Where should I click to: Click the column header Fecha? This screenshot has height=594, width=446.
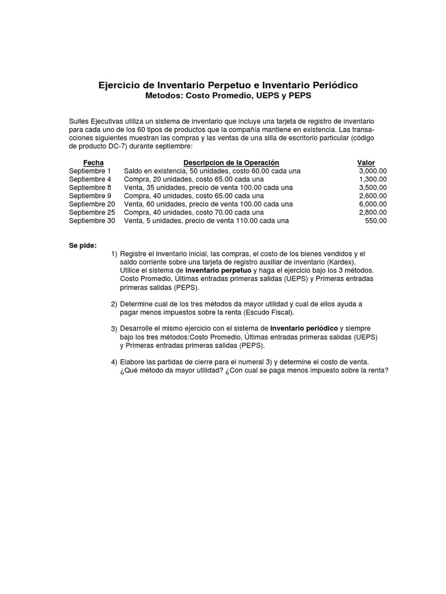93,163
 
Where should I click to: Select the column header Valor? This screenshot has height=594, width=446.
366,163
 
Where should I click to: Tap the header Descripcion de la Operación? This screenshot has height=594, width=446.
231,163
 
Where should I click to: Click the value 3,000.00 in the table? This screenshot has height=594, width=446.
373,171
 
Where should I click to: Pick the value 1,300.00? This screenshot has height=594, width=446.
373,180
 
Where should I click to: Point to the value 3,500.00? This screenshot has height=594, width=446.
373,188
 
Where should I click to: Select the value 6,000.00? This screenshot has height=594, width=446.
373,204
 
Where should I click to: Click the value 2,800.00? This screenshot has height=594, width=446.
373,213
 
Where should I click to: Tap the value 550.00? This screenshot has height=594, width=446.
376,221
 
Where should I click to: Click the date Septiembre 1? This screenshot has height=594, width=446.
89,171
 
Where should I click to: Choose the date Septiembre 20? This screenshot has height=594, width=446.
92,204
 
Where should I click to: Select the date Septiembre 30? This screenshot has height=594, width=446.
92,221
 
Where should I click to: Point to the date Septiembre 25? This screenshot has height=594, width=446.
92,213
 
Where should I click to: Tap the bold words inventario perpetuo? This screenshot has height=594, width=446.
218,271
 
